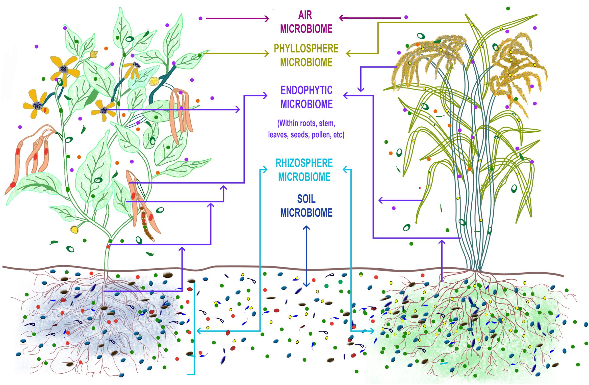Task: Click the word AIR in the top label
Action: [305, 15]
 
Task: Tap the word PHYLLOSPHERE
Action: [306, 48]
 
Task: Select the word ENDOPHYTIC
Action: [306, 90]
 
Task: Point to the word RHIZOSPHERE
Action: [304, 163]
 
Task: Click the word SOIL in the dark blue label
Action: [306, 199]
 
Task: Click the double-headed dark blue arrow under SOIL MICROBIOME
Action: [306, 256]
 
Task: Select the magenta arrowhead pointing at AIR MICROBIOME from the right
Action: [341, 18]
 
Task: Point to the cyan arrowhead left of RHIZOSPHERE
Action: [265, 170]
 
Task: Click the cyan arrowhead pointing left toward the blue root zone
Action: [199, 331]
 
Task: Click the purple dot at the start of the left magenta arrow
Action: [200, 18]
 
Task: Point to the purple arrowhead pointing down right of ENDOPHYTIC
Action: [361, 89]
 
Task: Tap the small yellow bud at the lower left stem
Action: [74, 229]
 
